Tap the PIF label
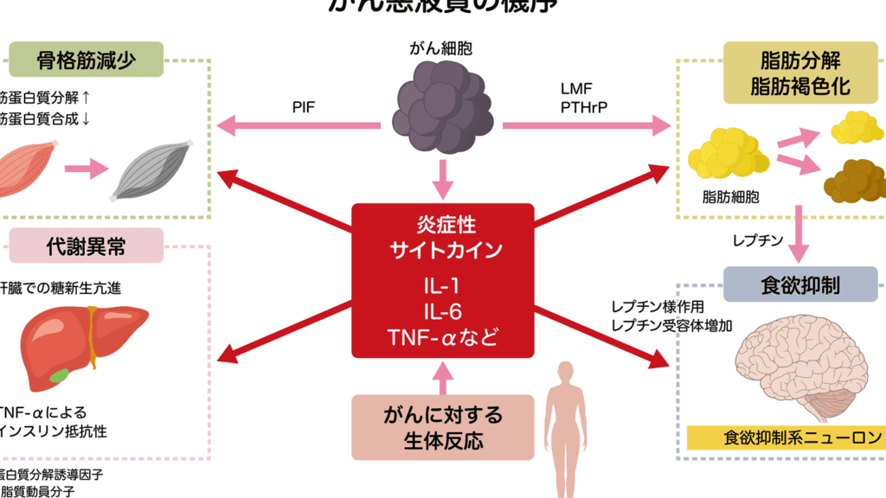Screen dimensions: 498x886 point(303,107)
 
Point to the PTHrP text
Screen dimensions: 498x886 point(582,107)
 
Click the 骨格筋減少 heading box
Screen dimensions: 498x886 point(87,60)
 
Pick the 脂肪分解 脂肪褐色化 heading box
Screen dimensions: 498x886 point(799,73)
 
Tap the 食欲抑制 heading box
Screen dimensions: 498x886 point(800,284)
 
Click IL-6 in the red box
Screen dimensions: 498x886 point(443,312)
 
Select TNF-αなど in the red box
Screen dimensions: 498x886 point(443,337)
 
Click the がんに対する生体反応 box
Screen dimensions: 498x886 point(443,427)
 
